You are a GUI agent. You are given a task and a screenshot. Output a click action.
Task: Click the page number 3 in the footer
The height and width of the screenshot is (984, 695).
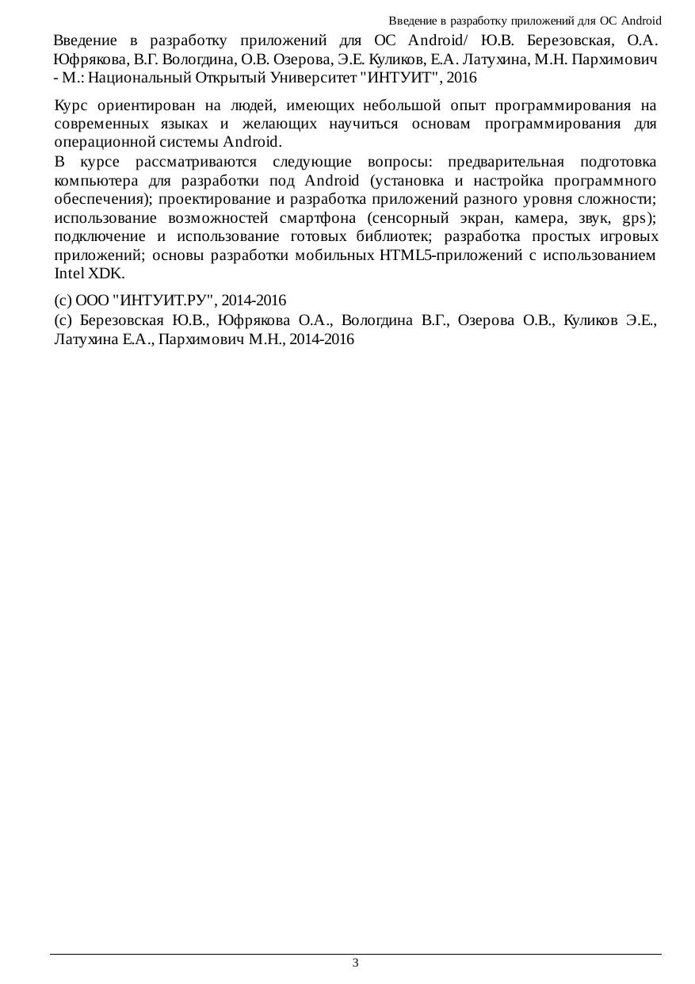tap(355, 963)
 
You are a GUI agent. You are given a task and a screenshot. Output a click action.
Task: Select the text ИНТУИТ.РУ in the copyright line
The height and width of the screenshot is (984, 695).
tap(166, 301)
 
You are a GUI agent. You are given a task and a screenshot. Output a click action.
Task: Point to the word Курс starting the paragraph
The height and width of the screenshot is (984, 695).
tap(71, 105)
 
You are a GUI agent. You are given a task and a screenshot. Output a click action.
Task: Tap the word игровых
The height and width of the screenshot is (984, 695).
tap(630, 236)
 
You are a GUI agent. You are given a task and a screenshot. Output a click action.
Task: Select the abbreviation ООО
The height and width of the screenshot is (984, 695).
tap(91, 301)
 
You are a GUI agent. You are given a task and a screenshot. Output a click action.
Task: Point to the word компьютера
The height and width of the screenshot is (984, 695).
tap(94, 180)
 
